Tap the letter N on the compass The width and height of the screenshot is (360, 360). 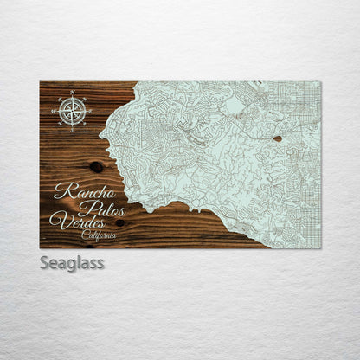coord(72,92)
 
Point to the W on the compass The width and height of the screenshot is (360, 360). coord(55,109)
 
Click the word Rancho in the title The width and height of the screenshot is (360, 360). coord(85,192)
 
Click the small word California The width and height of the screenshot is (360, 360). coord(100,234)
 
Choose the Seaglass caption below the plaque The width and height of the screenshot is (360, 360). coord(72,262)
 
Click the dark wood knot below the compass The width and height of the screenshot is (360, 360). coord(94,166)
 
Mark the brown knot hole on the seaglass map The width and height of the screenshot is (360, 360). coord(277,138)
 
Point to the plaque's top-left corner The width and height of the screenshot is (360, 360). coord(40,81)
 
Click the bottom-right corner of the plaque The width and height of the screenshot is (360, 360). coord(320,248)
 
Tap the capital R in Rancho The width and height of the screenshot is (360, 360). coord(61,192)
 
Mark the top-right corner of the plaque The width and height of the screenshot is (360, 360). coord(320,81)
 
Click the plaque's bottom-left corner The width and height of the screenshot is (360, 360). coord(40,248)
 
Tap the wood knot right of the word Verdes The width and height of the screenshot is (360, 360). coord(119,222)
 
